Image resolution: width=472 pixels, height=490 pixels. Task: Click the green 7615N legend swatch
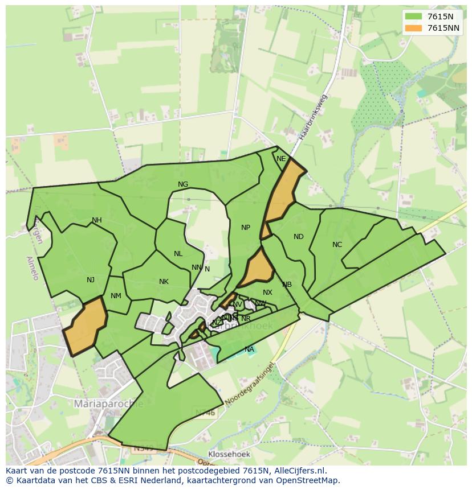pyautogui.click(x=413, y=17)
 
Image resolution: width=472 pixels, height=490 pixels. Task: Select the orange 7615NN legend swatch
pyautogui.click(x=413, y=28)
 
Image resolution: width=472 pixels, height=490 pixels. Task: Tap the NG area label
pyautogui.click(x=183, y=184)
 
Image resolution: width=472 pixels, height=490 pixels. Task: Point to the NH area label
pyautogui.click(x=97, y=220)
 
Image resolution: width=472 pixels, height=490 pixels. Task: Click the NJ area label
pyautogui.click(x=91, y=279)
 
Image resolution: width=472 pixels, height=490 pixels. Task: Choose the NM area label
pyautogui.click(x=116, y=296)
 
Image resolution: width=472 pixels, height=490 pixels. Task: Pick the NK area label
pyautogui.click(x=164, y=282)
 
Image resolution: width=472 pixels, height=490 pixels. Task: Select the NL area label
pyautogui.click(x=178, y=254)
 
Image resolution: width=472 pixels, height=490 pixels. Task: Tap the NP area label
pyautogui.click(x=246, y=228)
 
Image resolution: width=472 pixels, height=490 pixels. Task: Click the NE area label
pyautogui.click(x=281, y=159)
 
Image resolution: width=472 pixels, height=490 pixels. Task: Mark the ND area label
pyautogui.click(x=299, y=237)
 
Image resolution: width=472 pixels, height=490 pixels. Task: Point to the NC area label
pyautogui.click(x=337, y=245)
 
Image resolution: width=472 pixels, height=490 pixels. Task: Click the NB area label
pyautogui.click(x=287, y=285)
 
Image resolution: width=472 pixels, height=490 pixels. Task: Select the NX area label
pyautogui.click(x=267, y=293)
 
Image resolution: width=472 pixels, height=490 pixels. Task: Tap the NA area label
pyautogui.click(x=249, y=349)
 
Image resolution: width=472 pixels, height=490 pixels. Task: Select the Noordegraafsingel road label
pyautogui.click(x=250, y=385)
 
